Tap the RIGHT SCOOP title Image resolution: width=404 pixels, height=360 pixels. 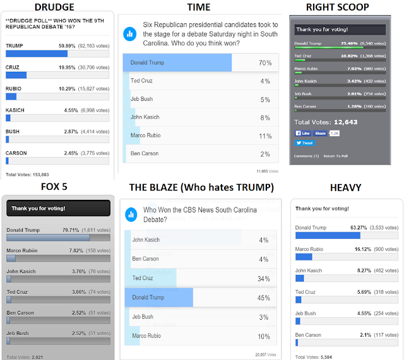click(346, 7)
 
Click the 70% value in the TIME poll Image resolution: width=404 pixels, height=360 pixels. click(264, 63)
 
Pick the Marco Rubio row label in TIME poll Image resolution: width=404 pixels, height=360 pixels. click(146, 136)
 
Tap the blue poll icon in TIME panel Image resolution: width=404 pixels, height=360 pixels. click(131, 33)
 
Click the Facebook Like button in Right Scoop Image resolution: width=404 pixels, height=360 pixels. click(304, 133)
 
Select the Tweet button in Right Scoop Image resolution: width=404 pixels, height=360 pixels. click(304, 143)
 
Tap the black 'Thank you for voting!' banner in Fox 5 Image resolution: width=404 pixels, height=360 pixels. click(57, 208)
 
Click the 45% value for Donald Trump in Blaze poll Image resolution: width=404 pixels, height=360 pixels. click(264, 298)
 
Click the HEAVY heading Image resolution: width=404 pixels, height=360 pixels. click(346, 188)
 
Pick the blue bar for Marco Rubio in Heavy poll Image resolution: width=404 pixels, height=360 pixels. click(304, 257)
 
